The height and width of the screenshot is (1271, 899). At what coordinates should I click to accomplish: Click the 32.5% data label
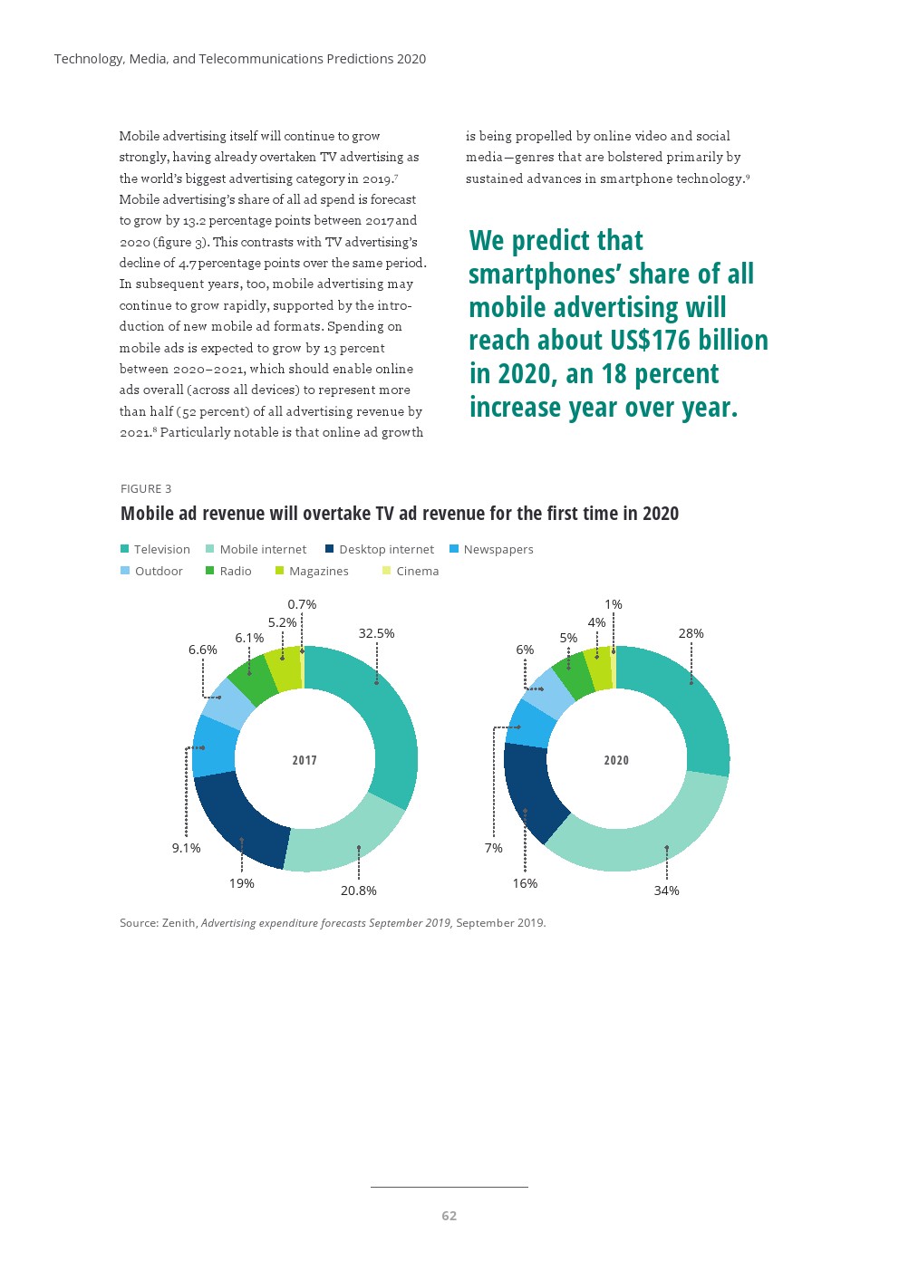pyautogui.click(x=376, y=633)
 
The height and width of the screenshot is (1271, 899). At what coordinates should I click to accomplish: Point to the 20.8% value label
pyautogui.click(x=358, y=891)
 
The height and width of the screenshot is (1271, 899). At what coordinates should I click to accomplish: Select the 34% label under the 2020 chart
pyautogui.click(x=666, y=891)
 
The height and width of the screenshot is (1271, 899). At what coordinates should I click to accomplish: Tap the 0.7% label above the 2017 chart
pyautogui.click(x=302, y=604)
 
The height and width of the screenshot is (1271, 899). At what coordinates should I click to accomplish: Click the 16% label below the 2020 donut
pyautogui.click(x=525, y=883)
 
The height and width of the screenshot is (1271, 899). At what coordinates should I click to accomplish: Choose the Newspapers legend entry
pyautogui.click(x=498, y=549)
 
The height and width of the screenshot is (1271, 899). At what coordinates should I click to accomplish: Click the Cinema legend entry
pyautogui.click(x=417, y=571)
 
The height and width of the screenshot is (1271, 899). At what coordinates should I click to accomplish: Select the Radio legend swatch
pyautogui.click(x=210, y=571)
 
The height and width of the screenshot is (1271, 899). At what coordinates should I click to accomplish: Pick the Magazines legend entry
pyautogui.click(x=318, y=571)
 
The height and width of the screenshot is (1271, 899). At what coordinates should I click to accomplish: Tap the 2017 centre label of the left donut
pyautogui.click(x=304, y=760)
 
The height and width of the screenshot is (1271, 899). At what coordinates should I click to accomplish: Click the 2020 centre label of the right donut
pyautogui.click(x=616, y=760)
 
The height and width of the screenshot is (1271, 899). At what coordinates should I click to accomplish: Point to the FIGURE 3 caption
pyautogui.click(x=146, y=488)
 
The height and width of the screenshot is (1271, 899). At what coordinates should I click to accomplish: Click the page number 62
pyautogui.click(x=449, y=1216)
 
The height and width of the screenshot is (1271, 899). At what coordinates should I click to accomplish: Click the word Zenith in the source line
pyautogui.click(x=179, y=923)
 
